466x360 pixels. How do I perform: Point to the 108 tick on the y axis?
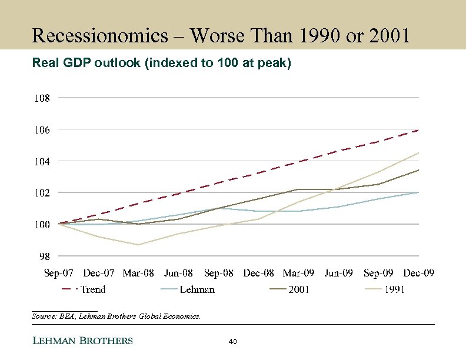point(41,98)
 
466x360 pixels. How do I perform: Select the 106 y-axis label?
point(41,129)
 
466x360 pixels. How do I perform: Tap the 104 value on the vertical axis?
point(41,161)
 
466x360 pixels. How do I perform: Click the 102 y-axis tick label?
point(41,193)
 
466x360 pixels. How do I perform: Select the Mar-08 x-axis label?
point(138,273)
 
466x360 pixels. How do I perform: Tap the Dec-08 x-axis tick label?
point(259,273)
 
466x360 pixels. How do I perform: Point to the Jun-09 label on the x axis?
point(339,273)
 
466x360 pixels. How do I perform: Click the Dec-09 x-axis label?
point(419,273)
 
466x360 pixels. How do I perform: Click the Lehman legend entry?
point(197,289)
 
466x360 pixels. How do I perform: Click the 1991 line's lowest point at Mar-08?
point(138,245)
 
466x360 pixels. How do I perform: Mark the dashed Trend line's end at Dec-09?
point(418,130)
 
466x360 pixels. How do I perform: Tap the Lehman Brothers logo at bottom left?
point(82,341)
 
